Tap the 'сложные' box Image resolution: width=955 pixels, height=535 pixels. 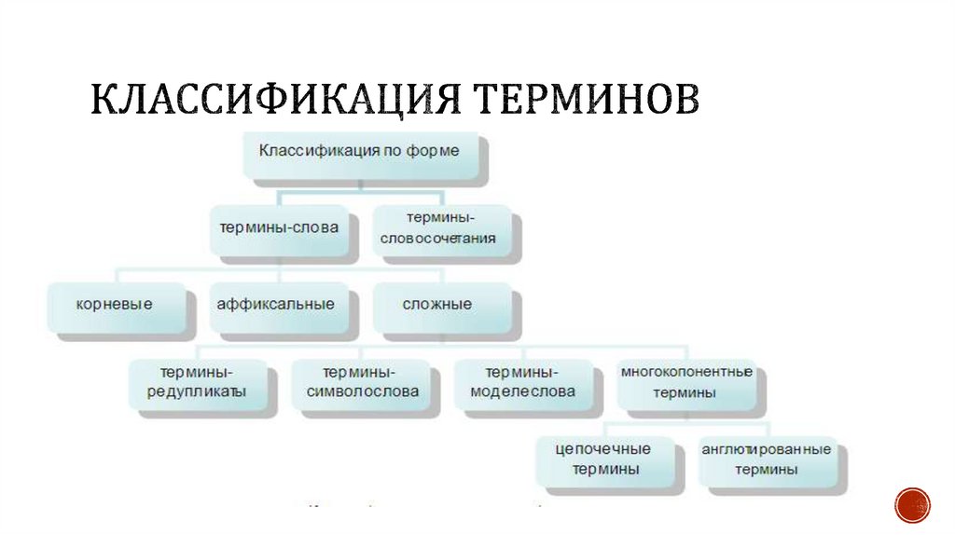437,305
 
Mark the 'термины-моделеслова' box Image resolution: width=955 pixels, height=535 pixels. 523,382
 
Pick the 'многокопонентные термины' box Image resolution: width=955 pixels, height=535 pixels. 685,382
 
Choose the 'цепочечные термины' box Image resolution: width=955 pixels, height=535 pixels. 602,460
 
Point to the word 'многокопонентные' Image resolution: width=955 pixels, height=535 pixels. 685,372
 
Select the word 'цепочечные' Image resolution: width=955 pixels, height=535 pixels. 602,449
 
